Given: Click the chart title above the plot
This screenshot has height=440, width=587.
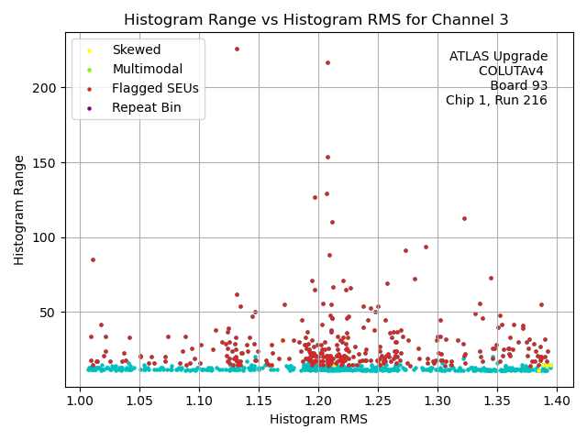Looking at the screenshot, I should [316, 20].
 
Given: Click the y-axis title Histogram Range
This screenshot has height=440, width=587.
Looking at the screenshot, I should [19, 210].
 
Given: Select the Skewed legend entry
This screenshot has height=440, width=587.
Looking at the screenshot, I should [136, 50].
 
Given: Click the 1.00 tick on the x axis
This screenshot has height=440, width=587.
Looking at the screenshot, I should [80, 401].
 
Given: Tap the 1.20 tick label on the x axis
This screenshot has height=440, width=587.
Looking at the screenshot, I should [318, 401].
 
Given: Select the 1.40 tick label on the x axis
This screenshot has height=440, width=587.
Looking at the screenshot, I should [557, 401].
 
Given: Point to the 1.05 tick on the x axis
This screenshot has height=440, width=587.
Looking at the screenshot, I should [139, 401].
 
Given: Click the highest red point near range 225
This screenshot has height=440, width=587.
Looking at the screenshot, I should [237, 49].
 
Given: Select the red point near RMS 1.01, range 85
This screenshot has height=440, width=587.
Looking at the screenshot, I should [93, 259].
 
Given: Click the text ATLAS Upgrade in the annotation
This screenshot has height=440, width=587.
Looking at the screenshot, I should [498, 57].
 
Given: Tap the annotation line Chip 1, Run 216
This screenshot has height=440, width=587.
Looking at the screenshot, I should [496, 100].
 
